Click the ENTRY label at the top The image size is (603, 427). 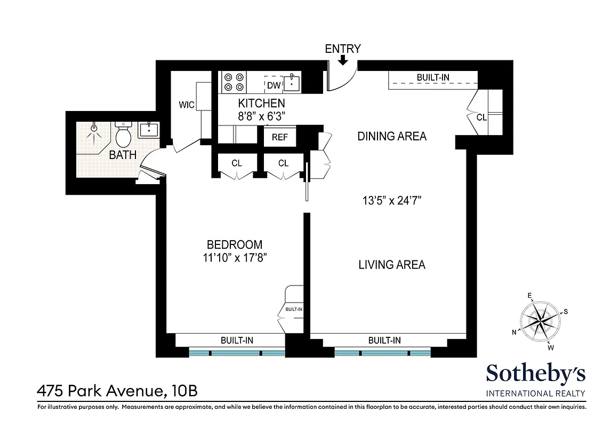[343, 49]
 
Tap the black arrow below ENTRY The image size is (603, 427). [343, 61]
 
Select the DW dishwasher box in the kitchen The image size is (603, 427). [274, 85]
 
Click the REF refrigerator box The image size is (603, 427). [280, 137]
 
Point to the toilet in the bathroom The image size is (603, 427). [124, 136]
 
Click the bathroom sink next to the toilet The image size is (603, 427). [148, 130]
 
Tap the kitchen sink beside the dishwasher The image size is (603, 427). [292, 84]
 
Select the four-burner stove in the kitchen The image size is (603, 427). [234, 82]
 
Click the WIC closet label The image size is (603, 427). [186, 105]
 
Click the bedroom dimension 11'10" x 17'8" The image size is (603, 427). [235, 258]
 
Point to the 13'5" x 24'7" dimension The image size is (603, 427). [391, 201]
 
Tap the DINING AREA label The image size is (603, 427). [392, 136]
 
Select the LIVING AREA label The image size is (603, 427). [392, 264]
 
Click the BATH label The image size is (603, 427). [123, 155]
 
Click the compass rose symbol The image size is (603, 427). [541, 321]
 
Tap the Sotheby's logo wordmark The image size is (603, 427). [536, 374]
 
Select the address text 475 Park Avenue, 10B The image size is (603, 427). [117, 391]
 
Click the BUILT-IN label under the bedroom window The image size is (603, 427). [237, 340]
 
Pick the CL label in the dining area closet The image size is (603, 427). [481, 117]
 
